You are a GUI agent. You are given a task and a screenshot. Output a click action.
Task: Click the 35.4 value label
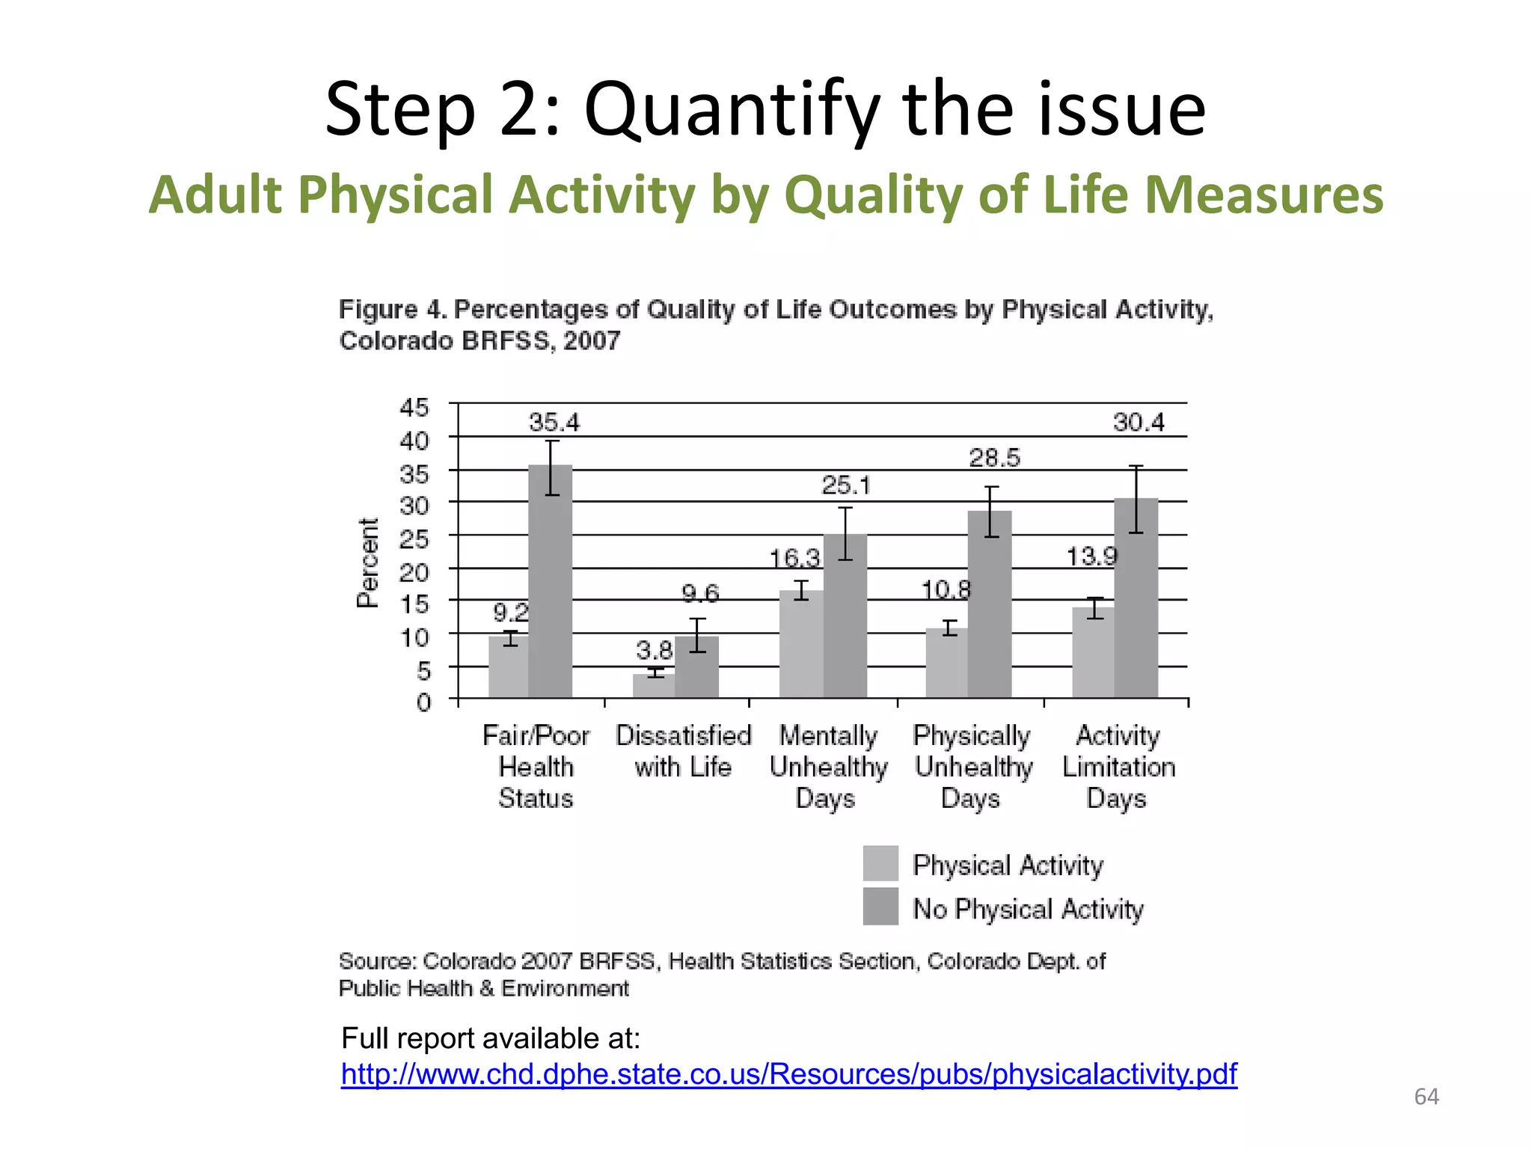point(554,423)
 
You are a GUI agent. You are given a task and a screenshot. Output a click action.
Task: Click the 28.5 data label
point(994,458)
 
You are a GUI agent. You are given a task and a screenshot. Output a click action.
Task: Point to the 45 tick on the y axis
point(414,408)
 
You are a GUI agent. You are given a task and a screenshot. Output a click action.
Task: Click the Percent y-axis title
point(368,563)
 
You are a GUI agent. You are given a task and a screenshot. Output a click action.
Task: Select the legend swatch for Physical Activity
point(880,864)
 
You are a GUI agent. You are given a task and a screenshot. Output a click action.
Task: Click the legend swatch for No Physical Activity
point(880,907)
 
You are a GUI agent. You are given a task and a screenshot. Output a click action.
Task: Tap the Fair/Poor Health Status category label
point(536,767)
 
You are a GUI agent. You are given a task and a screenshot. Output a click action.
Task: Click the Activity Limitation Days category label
point(1118,767)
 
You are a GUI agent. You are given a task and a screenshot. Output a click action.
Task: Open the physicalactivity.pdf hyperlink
point(788,1074)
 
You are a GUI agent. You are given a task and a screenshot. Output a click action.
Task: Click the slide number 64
point(1426,1097)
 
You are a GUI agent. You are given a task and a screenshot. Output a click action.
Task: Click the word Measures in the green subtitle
point(1264,194)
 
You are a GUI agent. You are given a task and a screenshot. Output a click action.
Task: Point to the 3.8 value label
point(654,649)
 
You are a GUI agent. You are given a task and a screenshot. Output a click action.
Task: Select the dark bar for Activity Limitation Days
point(1136,598)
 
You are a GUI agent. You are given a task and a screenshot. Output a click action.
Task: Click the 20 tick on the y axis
point(414,572)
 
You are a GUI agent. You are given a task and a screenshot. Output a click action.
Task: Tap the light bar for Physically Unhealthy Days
point(946,664)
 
